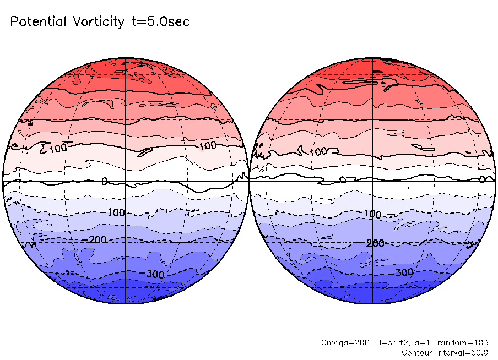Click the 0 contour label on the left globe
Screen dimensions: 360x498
pyautogui.click(x=105, y=181)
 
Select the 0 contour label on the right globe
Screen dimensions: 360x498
pyautogui.click(x=481, y=178)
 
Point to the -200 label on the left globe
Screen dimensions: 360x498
pyautogui.click(x=98, y=239)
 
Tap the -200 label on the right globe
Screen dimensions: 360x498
pyautogui.click(x=374, y=243)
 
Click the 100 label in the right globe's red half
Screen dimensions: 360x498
pyautogui.click(x=319, y=151)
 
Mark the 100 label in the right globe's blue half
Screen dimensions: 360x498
pyautogui.click(x=373, y=214)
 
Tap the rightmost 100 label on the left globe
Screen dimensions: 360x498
pyautogui.click(x=207, y=145)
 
